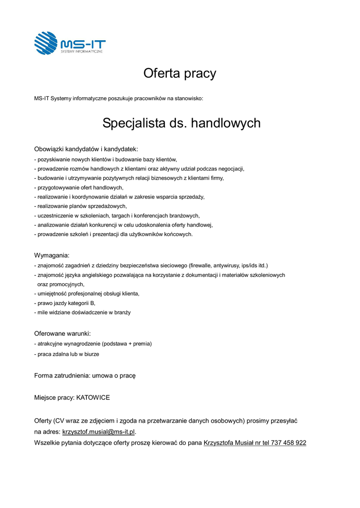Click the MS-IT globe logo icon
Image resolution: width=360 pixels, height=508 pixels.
pos(46,43)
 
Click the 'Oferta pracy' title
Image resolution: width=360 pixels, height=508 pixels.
pos(180,74)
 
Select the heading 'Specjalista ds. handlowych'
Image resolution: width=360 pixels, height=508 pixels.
pos(181,123)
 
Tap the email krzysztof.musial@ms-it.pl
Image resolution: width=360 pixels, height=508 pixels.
pos(98,432)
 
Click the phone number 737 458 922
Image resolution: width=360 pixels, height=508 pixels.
pos(288,443)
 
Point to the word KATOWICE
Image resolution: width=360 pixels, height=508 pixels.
pos(93,398)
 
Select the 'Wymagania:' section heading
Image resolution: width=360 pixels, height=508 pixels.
pos(52,255)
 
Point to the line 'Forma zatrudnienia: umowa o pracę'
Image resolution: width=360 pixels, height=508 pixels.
pos(85,376)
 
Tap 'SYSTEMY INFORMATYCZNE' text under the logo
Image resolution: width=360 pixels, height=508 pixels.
pos(82,51)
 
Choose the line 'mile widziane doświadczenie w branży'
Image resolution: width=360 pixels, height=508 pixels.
pos(83,312)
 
